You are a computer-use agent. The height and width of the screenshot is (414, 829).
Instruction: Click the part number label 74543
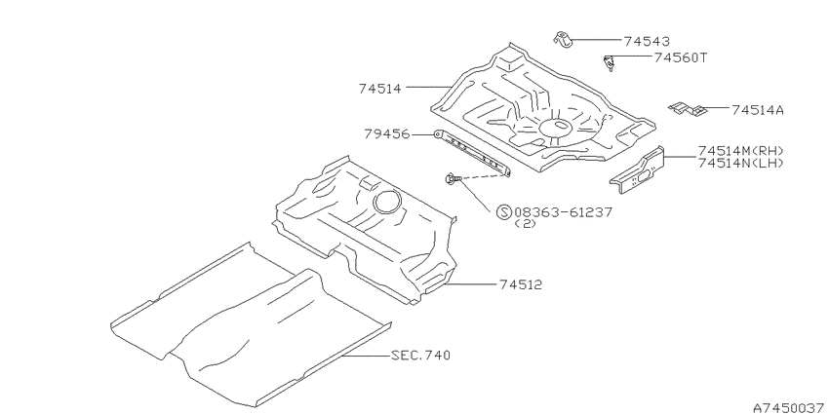pyautogui.click(x=647, y=41)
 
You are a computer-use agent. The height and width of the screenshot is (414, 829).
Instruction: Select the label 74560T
pyautogui.click(x=681, y=57)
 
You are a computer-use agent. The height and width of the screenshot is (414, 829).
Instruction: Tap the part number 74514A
pyautogui.click(x=758, y=110)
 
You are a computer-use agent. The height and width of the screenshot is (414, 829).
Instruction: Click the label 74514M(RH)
pyautogui.click(x=740, y=150)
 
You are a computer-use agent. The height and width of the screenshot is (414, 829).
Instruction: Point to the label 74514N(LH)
pyautogui.click(x=740, y=163)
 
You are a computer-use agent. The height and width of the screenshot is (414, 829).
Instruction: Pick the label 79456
pyautogui.click(x=386, y=134)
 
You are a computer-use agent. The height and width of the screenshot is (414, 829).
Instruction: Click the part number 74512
pyautogui.click(x=521, y=284)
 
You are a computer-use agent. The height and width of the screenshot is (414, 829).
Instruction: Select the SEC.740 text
pyautogui.click(x=421, y=355)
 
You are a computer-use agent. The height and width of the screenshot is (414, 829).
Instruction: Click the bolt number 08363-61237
pyautogui.click(x=563, y=212)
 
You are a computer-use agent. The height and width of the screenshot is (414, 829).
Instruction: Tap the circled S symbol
pyautogui.click(x=504, y=212)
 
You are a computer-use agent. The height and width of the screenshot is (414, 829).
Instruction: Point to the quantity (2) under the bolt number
pyautogui.click(x=525, y=223)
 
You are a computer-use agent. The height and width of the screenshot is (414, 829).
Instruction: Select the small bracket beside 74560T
pyautogui.click(x=610, y=62)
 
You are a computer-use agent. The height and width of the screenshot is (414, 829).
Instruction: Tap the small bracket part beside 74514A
pyautogui.click(x=688, y=108)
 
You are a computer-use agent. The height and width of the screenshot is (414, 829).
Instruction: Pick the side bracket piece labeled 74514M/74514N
pyautogui.click(x=637, y=171)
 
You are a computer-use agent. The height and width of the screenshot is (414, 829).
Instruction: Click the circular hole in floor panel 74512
pyautogui.click(x=387, y=202)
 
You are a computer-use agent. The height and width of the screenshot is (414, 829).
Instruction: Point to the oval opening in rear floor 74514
pyautogui.click(x=555, y=127)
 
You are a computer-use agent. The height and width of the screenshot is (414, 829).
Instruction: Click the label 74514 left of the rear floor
pyautogui.click(x=380, y=89)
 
